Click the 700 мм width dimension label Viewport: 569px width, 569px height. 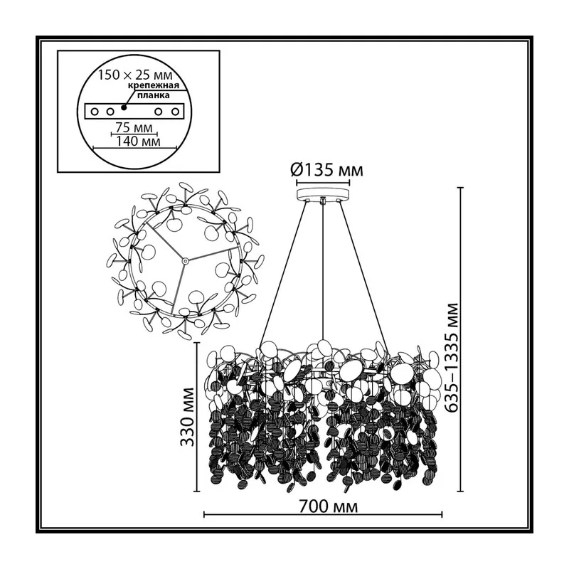[328, 506]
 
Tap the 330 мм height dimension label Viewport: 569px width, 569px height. [187, 417]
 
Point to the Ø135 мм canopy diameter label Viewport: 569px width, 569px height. [326, 170]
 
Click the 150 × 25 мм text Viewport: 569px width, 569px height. [135, 75]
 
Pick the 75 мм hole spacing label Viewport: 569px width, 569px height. [134, 127]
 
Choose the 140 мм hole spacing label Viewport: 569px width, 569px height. [138, 141]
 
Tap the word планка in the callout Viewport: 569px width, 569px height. [153, 95]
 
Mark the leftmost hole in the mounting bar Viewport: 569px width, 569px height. [95, 112]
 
